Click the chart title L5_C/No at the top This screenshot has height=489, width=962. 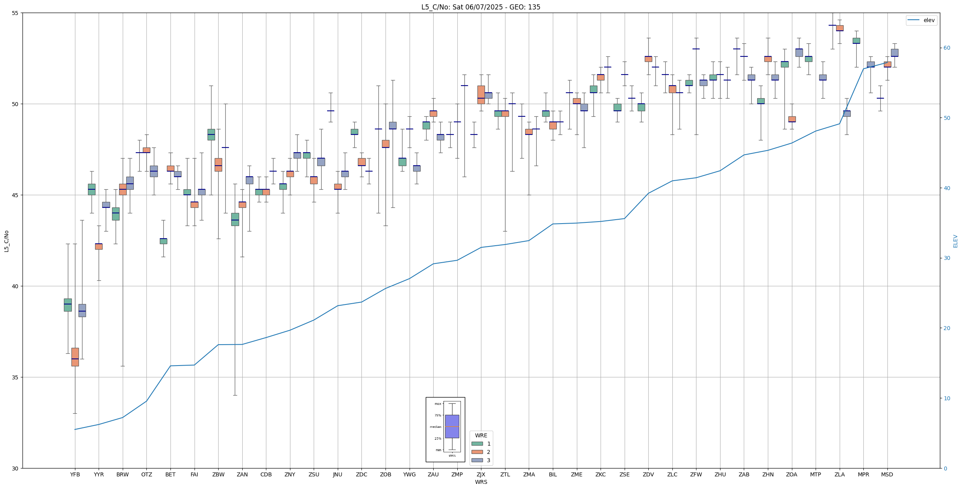pyautogui.click(x=481, y=7)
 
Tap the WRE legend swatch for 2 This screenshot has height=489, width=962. pyautogui.click(x=477, y=452)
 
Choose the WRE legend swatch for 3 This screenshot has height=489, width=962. pyautogui.click(x=477, y=460)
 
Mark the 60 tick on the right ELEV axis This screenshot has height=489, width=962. pyautogui.click(x=947, y=48)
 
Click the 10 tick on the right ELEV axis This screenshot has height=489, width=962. pyautogui.click(x=947, y=398)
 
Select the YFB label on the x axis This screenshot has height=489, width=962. pyautogui.click(x=75, y=475)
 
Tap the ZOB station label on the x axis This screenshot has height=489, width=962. pyautogui.click(x=386, y=475)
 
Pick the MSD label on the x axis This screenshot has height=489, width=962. pyautogui.click(x=887, y=475)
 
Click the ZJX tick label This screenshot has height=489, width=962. pyautogui.click(x=481, y=475)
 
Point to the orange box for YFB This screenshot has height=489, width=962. pyautogui.click(x=75, y=357)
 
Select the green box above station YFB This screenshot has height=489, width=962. pyautogui.click(x=68, y=305)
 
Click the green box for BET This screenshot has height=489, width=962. pyautogui.click(x=163, y=241)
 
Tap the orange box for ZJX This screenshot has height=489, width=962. pyautogui.click(x=481, y=95)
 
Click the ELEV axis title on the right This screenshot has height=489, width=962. pyautogui.click(x=955, y=241)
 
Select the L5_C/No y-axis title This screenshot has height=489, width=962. pyautogui.click(x=6, y=241)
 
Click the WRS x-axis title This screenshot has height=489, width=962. pyautogui.click(x=481, y=482)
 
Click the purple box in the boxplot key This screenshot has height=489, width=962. pyautogui.click(x=452, y=426)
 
